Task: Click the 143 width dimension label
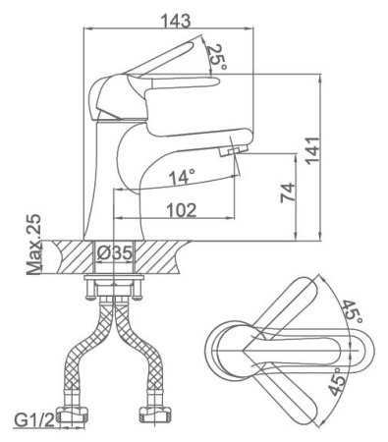[x=176, y=21]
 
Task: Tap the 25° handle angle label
[x=216, y=58]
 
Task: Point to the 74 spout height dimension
[x=288, y=193]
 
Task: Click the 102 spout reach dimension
[x=182, y=210]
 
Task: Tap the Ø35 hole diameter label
[x=115, y=252]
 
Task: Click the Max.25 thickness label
[x=34, y=245]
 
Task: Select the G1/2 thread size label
[x=34, y=420]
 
